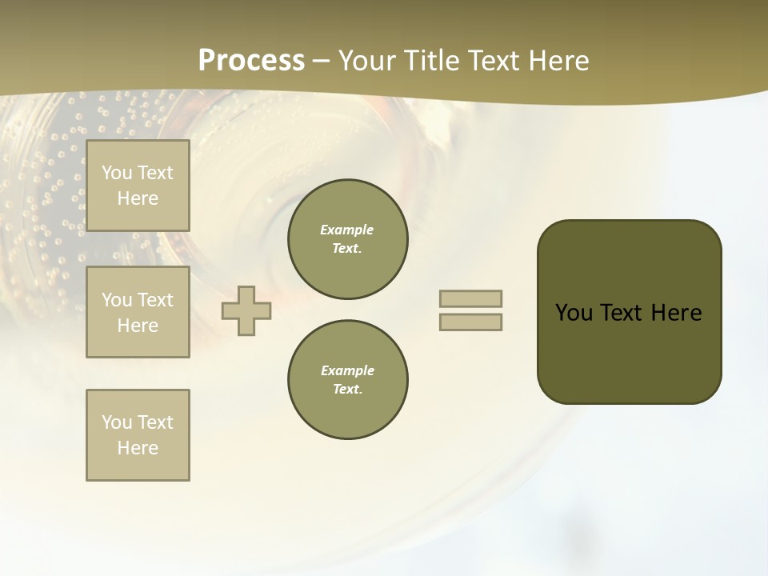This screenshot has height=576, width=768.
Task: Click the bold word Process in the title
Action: tap(251, 61)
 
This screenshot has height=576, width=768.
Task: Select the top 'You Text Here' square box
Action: tap(138, 186)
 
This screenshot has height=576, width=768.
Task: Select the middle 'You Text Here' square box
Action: tap(138, 312)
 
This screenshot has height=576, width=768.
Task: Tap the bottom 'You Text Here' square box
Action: tap(138, 435)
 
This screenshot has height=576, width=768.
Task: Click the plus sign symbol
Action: tap(246, 310)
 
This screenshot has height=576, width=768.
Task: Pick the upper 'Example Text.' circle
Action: tap(348, 239)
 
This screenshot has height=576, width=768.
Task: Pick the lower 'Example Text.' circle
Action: tap(348, 380)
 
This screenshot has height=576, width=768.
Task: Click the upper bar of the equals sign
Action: tap(470, 298)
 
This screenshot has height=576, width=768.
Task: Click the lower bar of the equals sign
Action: tap(470, 322)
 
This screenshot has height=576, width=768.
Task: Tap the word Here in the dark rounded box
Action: tap(676, 313)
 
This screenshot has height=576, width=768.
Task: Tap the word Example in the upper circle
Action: tap(347, 230)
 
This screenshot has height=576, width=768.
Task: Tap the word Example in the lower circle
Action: tap(347, 370)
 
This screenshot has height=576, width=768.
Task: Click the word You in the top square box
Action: tap(117, 173)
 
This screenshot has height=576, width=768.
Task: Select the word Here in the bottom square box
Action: tap(138, 448)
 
